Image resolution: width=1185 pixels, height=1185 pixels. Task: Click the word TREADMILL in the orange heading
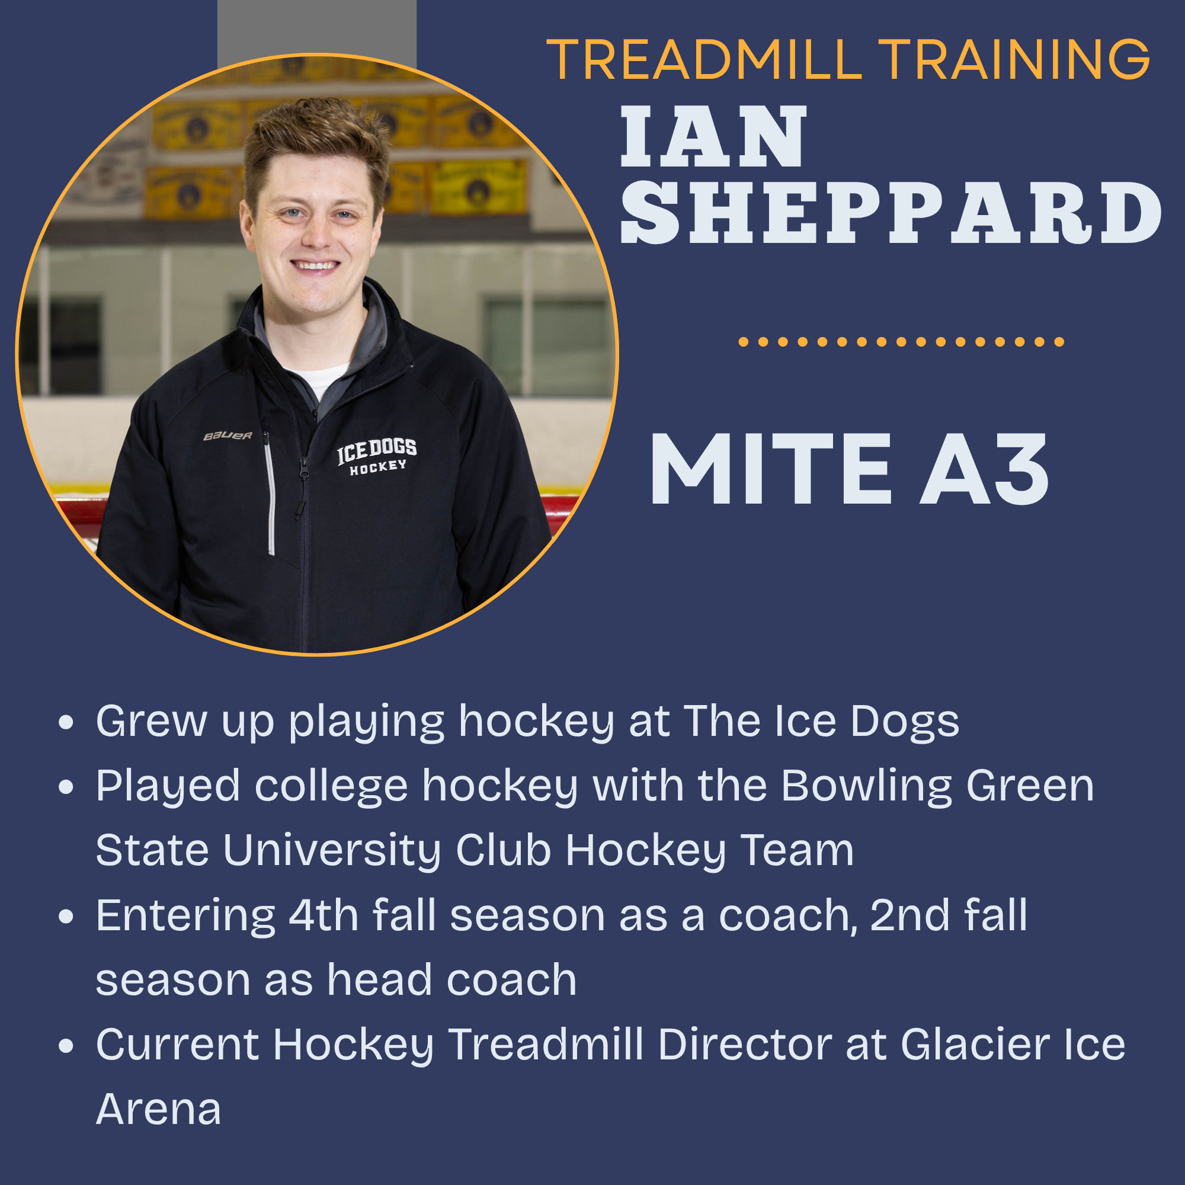coord(704,59)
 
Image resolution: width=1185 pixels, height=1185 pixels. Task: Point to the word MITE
coord(770,469)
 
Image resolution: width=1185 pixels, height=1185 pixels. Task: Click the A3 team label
coord(984,469)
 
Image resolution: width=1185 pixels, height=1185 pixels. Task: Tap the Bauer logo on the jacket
coord(228,435)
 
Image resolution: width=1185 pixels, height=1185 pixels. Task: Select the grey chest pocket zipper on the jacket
coord(269,494)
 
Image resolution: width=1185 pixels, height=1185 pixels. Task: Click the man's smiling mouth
coord(315,265)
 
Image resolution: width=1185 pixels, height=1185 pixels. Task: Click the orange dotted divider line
coord(902,342)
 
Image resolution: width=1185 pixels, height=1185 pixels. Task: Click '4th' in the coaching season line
coord(324,915)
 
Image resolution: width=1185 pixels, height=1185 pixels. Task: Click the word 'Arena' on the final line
coord(158,1110)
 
